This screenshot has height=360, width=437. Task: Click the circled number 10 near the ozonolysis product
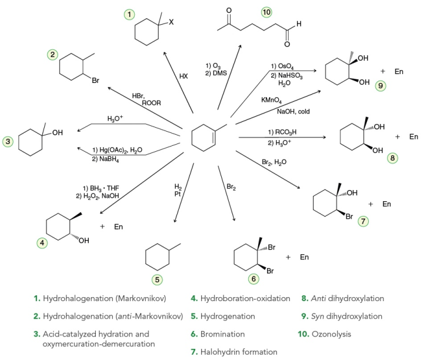coord(266,12)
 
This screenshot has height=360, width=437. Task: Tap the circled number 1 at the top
coord(129,14)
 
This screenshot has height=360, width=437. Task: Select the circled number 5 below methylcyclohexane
coord(157,279)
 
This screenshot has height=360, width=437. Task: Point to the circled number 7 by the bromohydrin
coord(363,221)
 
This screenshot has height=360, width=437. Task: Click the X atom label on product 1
coord(171,22)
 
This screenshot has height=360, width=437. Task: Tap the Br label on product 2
coord(95,81)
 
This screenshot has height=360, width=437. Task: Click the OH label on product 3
coord(58,132)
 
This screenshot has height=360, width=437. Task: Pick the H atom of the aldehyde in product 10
coord(299,24)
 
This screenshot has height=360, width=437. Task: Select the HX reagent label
coord(184,76)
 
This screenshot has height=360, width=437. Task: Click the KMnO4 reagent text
coord(271,100)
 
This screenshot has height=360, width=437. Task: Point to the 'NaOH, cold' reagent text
coord(293,111)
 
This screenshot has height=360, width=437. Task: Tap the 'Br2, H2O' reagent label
coord(274,162)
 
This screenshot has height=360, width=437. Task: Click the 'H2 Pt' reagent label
coord(178,190)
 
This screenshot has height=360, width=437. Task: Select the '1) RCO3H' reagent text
coord(282,132)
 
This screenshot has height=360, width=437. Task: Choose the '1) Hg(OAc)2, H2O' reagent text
coord(117,150)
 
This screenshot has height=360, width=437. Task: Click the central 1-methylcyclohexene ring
coord(204,138)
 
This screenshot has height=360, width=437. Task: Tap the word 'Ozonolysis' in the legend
coord(331,334)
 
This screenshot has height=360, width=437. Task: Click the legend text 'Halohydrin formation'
coord(239,352)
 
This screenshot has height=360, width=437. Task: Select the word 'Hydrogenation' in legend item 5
coord(228,316)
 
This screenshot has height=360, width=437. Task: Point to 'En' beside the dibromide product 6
coord(304,257)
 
